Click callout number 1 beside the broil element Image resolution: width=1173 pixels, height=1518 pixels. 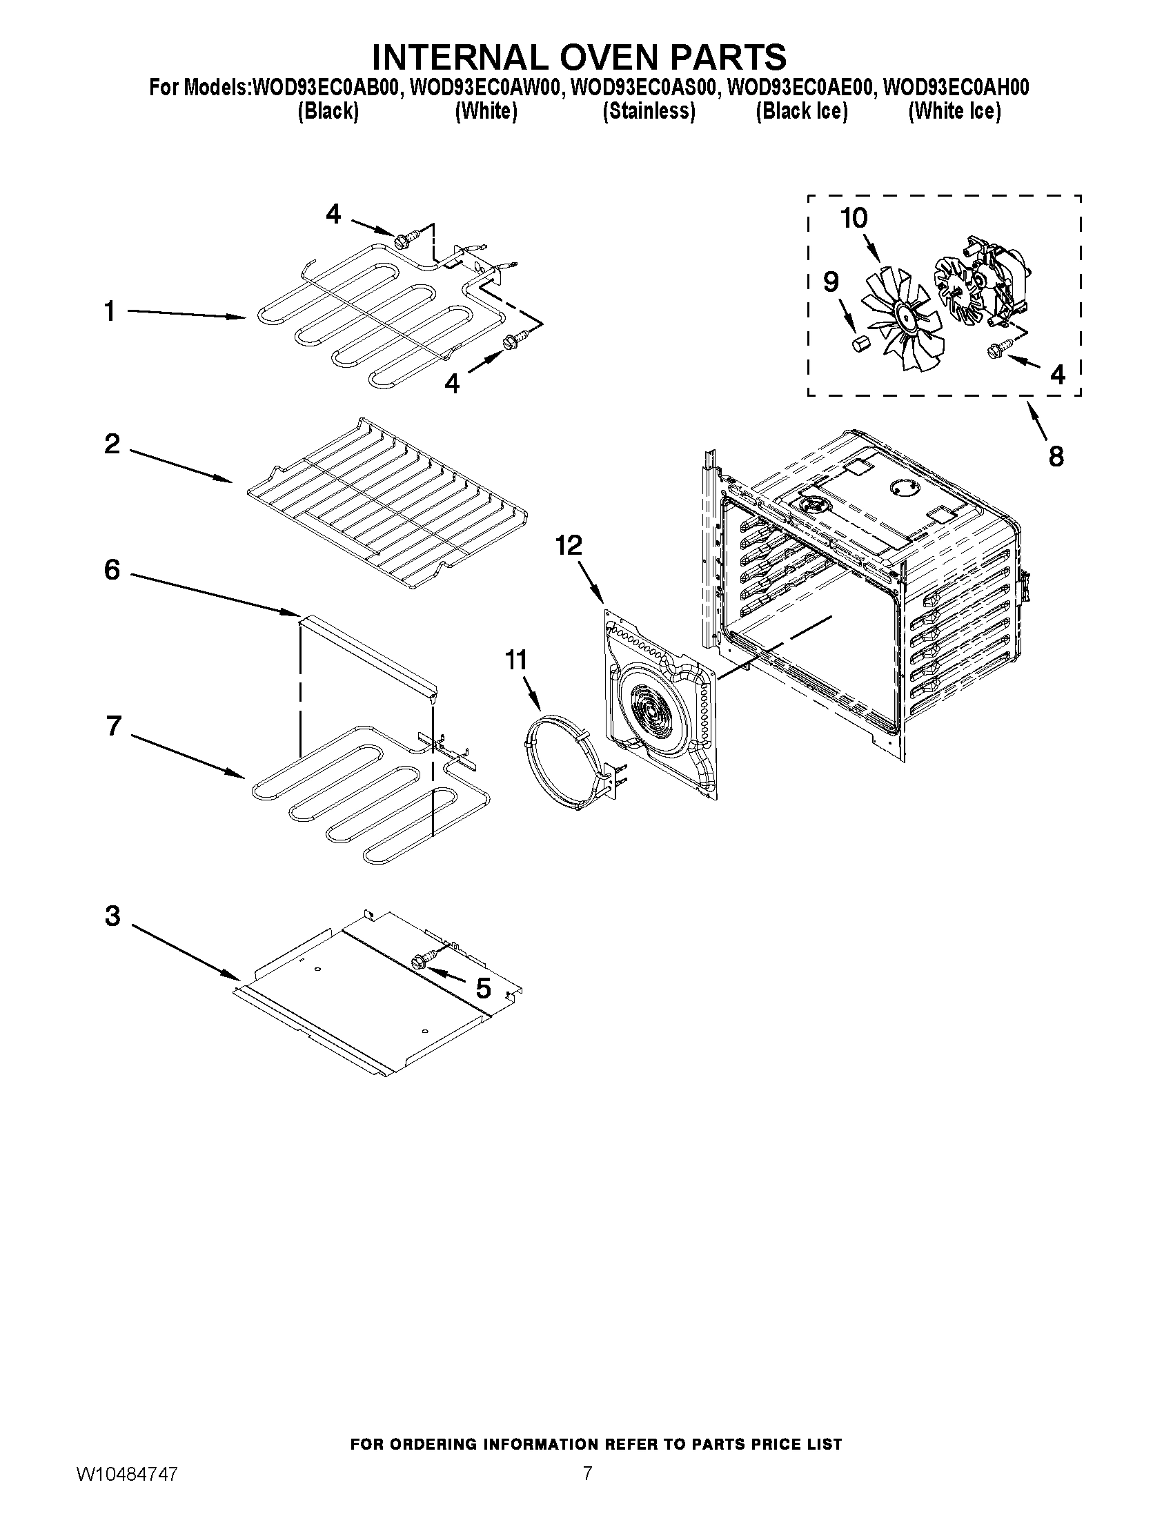click(x=109, y=311)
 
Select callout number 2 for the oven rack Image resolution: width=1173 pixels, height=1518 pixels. click(x=112, y=444)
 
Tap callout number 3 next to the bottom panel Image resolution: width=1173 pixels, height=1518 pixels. click(x=112, y=916)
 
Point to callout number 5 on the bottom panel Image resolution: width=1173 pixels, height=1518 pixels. click(x=483, y=987)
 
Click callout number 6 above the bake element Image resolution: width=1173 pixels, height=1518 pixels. click(x=112, y=570)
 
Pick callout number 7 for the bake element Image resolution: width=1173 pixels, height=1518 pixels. click(x=114, y=726)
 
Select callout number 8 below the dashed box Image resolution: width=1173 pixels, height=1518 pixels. click(x=1056, y=457)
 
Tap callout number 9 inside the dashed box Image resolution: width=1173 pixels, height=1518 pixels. click(x=830, y=282)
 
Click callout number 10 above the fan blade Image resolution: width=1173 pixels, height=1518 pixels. click(x=854, y=218)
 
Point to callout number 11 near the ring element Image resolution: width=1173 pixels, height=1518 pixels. click(x=515, y=659)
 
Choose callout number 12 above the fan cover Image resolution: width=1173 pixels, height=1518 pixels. click(x=568, y=546)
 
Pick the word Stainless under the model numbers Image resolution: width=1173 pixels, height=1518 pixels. click(x=649, y=111)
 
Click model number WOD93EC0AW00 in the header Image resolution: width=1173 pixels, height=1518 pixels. click(x=486, y=88)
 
